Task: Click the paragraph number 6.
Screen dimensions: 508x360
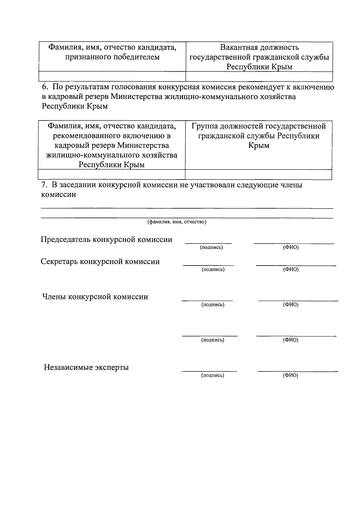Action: [44, 87]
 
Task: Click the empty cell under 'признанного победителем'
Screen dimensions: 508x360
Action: [112, 76]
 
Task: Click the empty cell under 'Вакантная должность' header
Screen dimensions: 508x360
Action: [259, 76]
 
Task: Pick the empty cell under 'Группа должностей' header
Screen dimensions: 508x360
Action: [258, 174]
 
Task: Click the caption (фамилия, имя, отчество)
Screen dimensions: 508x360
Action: [176, 222]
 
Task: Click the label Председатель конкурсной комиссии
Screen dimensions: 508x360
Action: [106, 239]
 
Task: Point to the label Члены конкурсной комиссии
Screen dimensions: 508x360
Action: [95, 297]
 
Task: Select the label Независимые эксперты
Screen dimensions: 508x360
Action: [86, 367]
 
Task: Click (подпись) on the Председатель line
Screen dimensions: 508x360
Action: [211, 248]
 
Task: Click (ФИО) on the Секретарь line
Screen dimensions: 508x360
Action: [291, 269]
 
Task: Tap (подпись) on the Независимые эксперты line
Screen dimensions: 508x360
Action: [212, 375]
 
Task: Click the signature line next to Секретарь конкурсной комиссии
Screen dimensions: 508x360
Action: [208, 265]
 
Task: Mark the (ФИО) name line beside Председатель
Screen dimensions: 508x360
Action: [294, 243]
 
